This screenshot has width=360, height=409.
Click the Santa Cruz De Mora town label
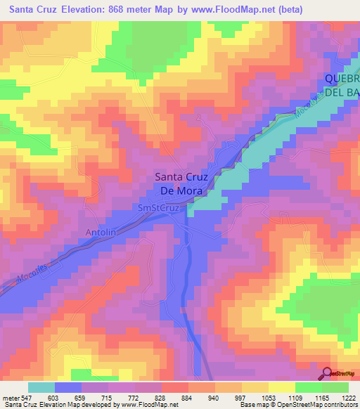pos(181,183)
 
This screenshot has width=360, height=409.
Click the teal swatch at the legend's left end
pos(41,387)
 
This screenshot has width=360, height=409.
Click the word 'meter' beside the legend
pos(11,398)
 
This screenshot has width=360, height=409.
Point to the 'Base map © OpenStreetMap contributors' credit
pos(298,405)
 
